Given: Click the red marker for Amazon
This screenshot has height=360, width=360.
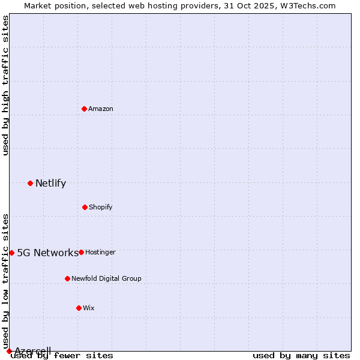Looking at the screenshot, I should (x=85, y=109).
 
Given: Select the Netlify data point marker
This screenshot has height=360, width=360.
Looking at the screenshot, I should (x=30, y=183).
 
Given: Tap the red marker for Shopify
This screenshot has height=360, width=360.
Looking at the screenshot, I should (x=85, y=207).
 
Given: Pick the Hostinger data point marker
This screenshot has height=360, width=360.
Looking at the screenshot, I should (x=81, y=252).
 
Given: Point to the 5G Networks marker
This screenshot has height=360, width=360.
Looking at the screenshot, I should (x=11, y=253).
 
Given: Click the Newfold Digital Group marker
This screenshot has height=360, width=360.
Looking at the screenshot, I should (x=67, y=278).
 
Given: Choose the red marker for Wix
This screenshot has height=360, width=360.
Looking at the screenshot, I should (x=79, y=308).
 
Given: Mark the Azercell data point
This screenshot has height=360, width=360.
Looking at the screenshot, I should (x=9, y=351).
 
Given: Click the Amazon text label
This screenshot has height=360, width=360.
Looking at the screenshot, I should (x=101, y=109).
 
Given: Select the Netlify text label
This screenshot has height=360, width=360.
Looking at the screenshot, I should (x=50, y=184).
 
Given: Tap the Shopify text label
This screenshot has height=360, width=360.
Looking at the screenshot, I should (x=101, y=207).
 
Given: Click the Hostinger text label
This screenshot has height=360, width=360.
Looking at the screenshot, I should (x=100, y=252).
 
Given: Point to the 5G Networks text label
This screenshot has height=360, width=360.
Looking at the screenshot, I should (x=47, y=253).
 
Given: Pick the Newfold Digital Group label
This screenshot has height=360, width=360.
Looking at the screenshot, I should (x=106, y=278).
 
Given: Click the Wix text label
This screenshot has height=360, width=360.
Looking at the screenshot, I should (x=89, y=308).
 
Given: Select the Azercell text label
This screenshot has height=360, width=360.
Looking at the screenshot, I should (x=33, y=351).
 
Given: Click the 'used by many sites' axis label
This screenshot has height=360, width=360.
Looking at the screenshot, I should (x=301, y=356).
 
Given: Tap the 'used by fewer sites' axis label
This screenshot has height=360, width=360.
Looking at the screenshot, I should (x=62, y=356).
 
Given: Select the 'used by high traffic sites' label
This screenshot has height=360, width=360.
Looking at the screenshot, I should (x=5, y=85).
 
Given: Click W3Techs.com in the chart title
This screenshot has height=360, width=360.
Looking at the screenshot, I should (x=307, y=5).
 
